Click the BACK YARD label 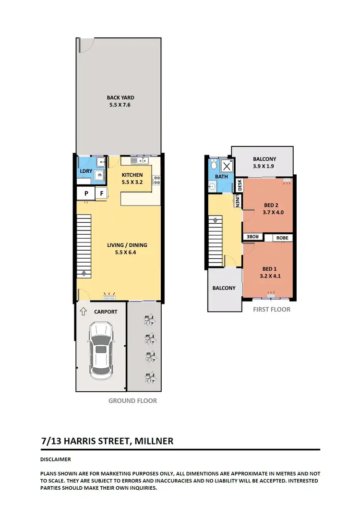[120, 97]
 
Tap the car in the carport [101, 349]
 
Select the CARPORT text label [105, 312]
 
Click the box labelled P [86, 193]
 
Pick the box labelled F [101, 193]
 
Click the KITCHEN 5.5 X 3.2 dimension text [132, 182]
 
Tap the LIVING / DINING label [127, 245]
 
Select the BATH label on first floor [221, 177]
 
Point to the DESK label [240, 184]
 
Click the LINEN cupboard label [238, 201]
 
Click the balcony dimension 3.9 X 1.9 [263, 167]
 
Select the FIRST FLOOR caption [272, 309]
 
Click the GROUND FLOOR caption [132, 400]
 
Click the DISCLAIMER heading [56, 459]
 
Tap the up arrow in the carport [84, 312]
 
